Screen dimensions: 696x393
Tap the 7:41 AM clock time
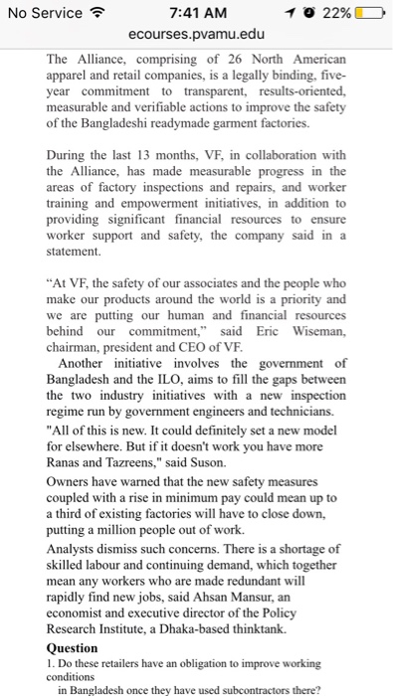coord(198,13)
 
